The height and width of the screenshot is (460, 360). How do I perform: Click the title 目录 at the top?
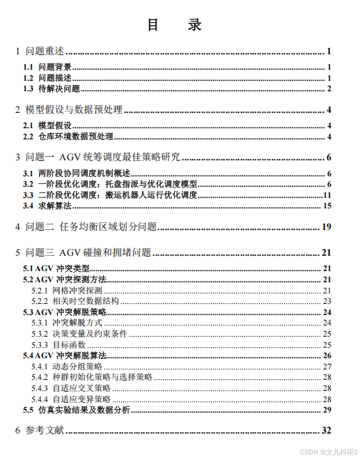tap(175, 25)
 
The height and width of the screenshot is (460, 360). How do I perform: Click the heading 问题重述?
tap(45, 51)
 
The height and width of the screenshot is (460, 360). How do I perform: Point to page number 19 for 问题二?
tap(326, 227)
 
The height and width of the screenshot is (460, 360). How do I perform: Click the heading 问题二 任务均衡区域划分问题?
tap(91, 227)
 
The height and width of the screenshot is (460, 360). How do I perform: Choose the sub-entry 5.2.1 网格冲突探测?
tap(67, 290)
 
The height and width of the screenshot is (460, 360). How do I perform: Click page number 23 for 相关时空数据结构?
tap(327, 301)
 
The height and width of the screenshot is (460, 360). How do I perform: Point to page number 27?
tap(327, 367)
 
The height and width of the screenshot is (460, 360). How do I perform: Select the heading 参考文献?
tap(45, 431)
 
